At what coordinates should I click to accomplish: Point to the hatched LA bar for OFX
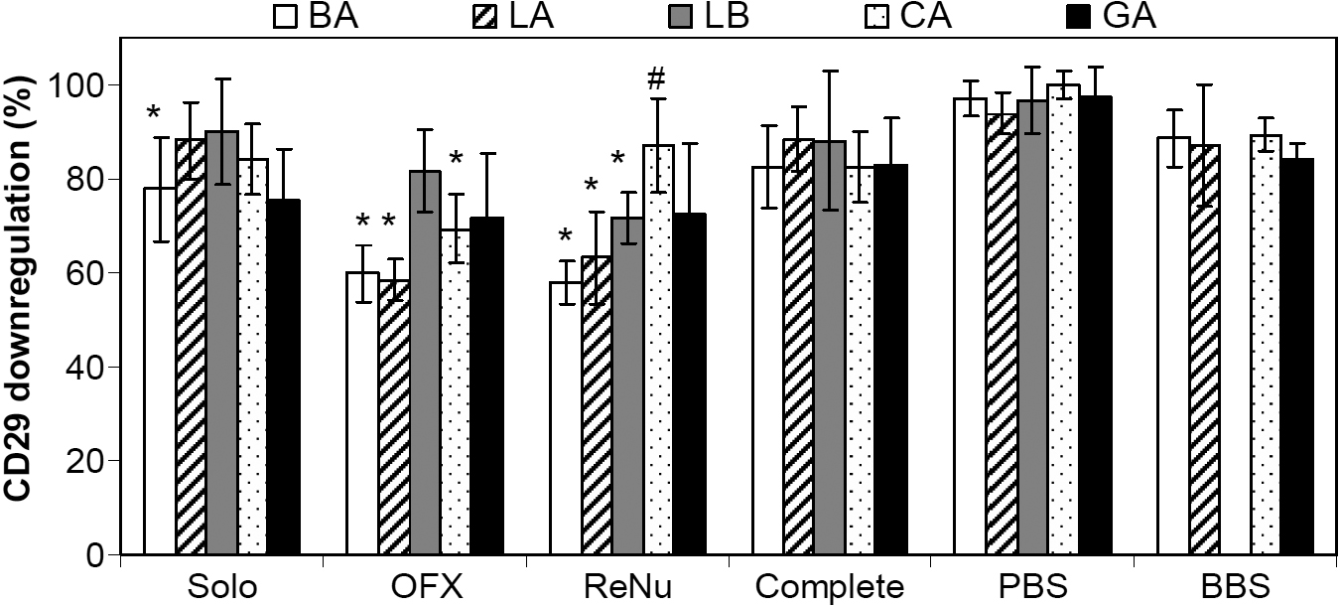tap(394, 417)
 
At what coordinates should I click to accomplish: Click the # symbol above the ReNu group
tap(655, 78)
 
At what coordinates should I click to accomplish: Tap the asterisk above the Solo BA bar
tap(153, 112)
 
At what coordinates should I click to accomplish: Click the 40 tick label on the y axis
tap(90, 368)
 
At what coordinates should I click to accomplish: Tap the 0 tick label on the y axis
tap(97, 554)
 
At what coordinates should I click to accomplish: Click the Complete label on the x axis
tap(830, 586)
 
